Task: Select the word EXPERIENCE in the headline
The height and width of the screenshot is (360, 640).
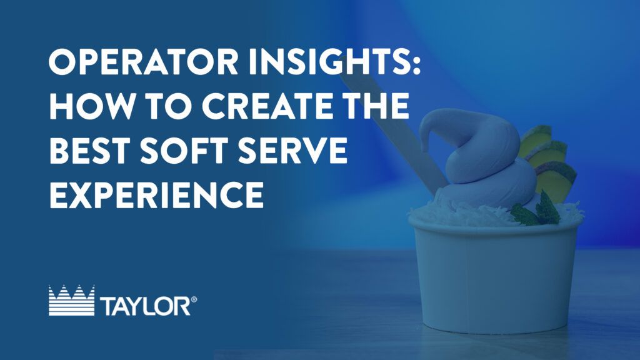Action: pyautogui.click(x=156, y=194)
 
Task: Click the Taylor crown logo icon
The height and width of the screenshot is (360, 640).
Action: pyautogui.click(x=71, y=301)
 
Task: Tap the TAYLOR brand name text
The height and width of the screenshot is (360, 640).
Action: pyautogui.click(x=145, y=306)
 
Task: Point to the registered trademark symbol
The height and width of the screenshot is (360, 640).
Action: pyautogui.click(x=194, y=299)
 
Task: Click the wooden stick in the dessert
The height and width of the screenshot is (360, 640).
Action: pyautogui.click(x=392, y=131)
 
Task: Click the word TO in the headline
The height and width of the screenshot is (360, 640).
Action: pyautogui.click(x=167, y=106)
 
